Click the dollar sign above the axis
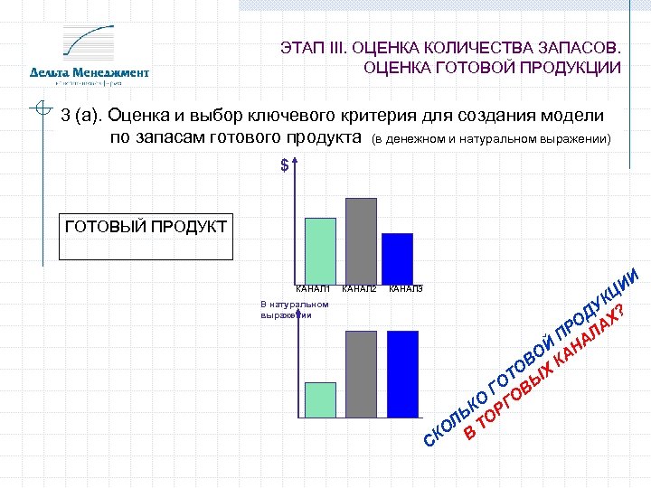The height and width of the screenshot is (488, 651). click(x=285, y=166)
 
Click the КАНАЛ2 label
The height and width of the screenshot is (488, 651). click(x=360, y=289)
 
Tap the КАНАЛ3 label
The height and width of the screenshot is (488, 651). click(x=405, y=289)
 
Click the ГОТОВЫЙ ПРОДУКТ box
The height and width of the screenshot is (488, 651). click(x=145, y=236)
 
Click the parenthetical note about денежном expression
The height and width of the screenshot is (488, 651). click(x=493, y=140)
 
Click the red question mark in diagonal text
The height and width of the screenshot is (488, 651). click(x=618, y=312)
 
